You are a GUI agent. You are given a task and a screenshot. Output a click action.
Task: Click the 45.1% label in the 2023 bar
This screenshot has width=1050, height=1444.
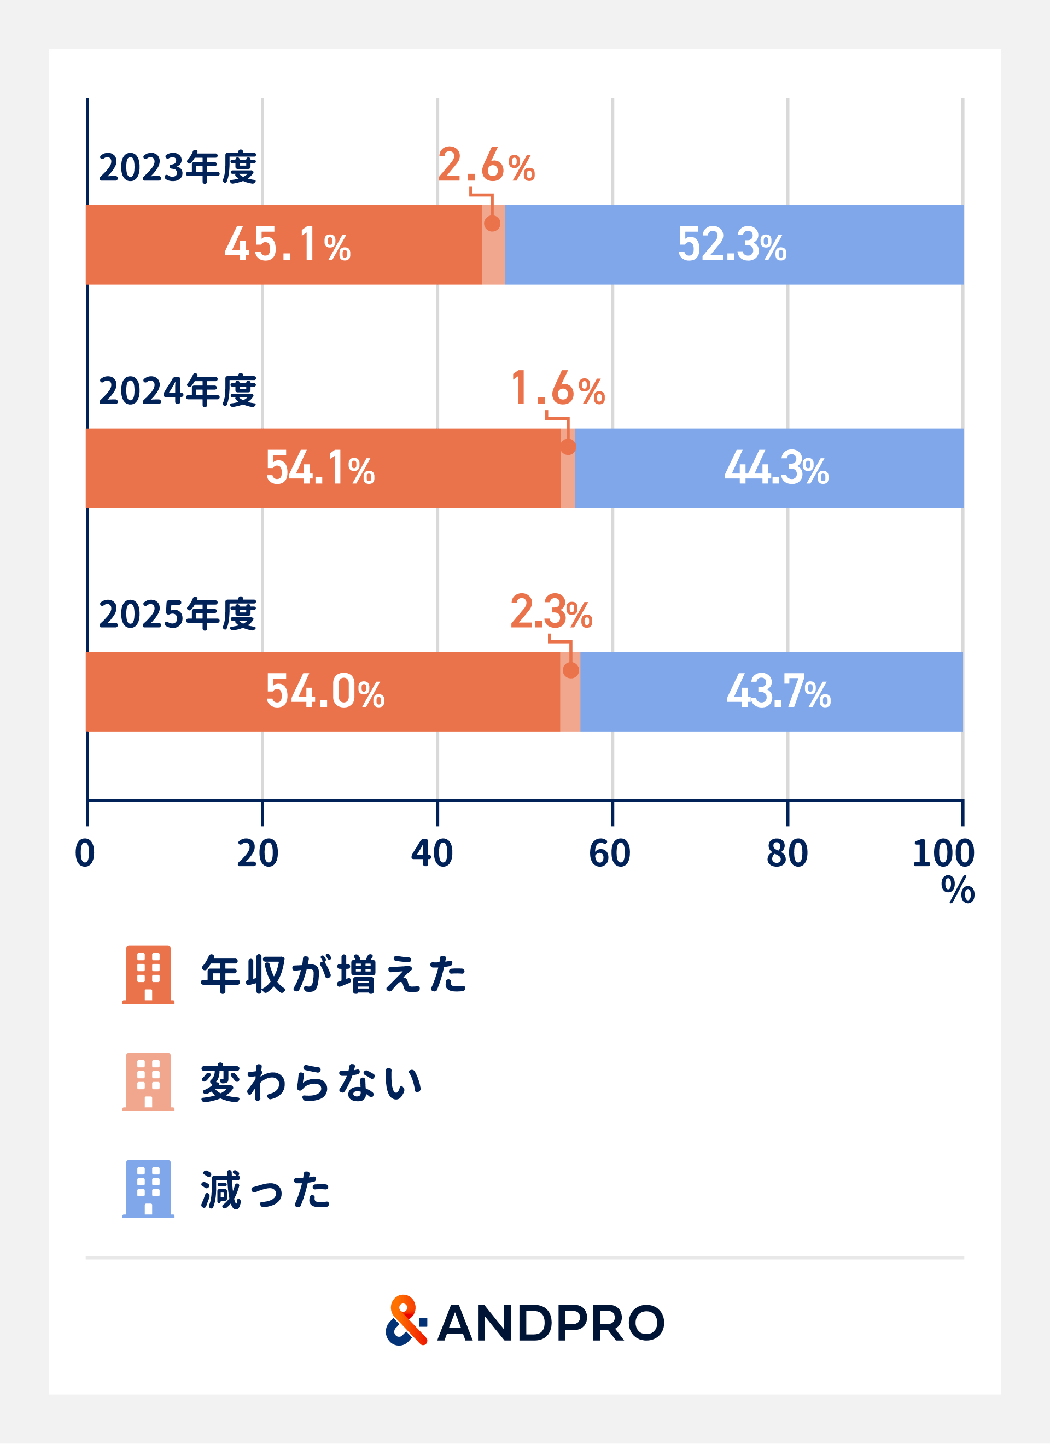pos(288,244)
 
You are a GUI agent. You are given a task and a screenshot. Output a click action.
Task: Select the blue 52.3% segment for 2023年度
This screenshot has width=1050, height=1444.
pos(734,244)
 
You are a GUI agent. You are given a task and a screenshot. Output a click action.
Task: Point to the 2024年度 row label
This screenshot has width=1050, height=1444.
pos(178,390)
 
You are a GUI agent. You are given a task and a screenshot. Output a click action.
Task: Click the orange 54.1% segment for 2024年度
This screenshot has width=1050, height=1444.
pos(323,468)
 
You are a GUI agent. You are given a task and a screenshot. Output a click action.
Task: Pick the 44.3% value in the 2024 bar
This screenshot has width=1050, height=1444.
pos(776,468)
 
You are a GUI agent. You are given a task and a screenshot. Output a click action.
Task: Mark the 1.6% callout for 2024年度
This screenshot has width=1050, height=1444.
pos(558,388)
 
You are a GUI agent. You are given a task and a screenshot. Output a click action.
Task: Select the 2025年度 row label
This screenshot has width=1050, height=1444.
pos(178,614)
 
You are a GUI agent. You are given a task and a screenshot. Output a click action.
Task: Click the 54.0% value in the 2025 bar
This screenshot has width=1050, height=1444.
pos(325,692)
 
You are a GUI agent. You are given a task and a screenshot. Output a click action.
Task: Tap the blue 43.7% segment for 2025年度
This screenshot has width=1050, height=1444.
pos(772,692)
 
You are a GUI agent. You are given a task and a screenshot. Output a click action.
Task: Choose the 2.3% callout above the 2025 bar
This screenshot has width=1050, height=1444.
pos(551,611)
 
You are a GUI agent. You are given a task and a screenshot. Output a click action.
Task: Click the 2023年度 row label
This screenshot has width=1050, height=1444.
pos(178,167)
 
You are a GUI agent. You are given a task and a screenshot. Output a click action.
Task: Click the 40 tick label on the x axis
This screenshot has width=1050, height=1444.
pos(431,854)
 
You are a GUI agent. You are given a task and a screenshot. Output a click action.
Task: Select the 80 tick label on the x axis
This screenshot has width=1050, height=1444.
pos(787,854)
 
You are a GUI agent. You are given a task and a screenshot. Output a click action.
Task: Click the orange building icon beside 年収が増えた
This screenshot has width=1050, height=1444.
pos(148,975)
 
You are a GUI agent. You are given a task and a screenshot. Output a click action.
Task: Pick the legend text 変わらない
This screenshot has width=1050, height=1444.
pos(311,1083)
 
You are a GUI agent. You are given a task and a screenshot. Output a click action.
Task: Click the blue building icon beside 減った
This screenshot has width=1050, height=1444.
pos(148,1189)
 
